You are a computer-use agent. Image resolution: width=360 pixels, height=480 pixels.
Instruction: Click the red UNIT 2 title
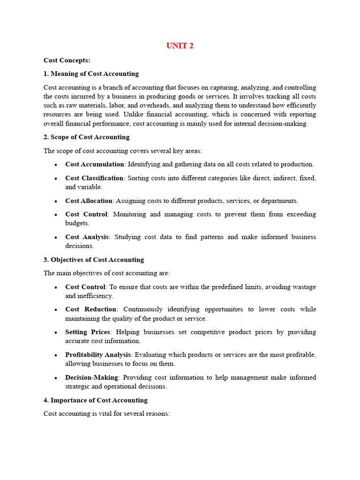180,45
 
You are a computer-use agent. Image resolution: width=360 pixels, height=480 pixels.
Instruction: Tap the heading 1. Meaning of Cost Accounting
91,74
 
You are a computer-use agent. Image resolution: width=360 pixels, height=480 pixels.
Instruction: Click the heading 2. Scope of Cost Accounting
86,137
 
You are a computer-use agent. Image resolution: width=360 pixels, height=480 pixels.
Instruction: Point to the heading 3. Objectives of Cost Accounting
94,260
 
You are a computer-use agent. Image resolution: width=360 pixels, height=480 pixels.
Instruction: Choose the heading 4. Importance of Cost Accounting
95,400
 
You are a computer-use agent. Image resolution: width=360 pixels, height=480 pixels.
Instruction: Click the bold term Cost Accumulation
95,164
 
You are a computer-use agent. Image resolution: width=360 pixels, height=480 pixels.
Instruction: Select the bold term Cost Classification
94,178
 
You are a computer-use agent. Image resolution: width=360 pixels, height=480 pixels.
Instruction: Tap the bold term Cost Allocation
89,201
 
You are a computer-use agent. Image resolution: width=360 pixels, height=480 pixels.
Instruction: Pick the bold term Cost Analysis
87,237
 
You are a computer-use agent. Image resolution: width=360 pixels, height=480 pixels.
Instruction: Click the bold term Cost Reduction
91,309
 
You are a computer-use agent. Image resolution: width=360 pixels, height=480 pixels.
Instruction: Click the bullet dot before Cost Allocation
56,201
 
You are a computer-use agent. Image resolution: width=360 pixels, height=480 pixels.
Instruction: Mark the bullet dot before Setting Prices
56,332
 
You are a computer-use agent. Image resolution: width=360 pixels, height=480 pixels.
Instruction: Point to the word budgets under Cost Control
77,223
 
